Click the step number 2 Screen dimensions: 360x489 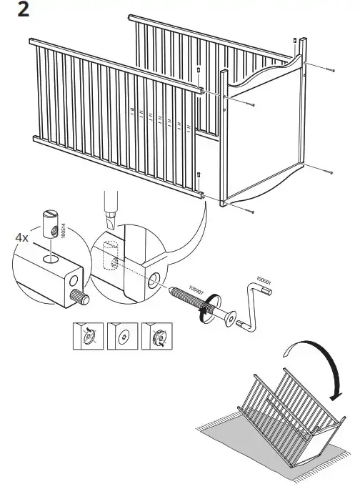(23, 9)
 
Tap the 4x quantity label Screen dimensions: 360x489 (22, 238)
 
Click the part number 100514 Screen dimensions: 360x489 (64, 231)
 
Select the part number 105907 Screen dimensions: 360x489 (196, 290)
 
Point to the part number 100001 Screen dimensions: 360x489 (264, 280)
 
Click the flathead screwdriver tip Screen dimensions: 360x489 (111, 220)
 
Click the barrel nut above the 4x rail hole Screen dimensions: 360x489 (50, 224)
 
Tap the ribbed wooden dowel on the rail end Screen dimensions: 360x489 (80, 297)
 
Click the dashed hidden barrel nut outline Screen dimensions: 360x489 (110, 256)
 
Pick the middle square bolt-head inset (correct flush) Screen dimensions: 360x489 (122, 336)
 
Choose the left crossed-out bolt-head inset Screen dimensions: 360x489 (88, 336)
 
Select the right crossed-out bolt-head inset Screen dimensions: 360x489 (156, 336)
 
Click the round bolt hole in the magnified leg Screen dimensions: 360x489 (154, 280)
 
